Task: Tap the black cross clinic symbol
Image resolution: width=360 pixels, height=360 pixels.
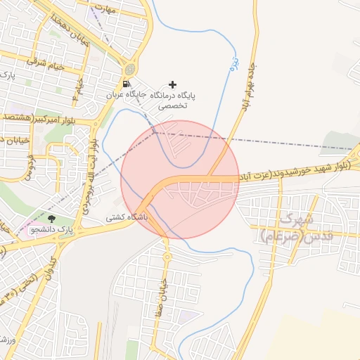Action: coord(173,84)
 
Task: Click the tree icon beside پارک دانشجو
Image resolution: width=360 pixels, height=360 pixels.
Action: coord(50,219)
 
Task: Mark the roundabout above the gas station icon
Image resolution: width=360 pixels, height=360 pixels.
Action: coord(129,69)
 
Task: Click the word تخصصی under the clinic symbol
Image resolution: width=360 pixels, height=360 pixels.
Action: coord(172,105)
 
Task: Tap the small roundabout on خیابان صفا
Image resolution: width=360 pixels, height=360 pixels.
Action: coord(167,257)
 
